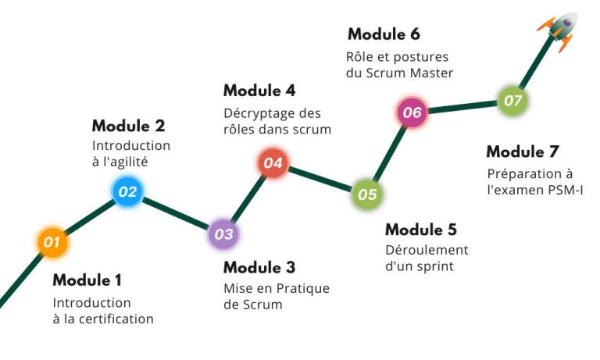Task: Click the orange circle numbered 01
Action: [52, 242]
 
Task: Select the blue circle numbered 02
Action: [128, 191]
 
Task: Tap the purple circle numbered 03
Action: [224, 233]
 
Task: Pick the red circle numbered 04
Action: [273, 163]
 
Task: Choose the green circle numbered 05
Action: [367, 194]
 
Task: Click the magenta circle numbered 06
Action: [412, 112]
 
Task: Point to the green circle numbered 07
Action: [512, 101]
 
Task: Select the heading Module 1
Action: [87, 280]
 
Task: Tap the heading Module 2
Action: [129, 126]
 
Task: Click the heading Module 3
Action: [259, 267]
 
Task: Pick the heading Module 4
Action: [259, 91]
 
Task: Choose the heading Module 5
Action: [421, 230]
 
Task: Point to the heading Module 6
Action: [384, 34]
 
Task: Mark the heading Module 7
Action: [523, 151]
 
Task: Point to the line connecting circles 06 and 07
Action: [462, 107]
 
